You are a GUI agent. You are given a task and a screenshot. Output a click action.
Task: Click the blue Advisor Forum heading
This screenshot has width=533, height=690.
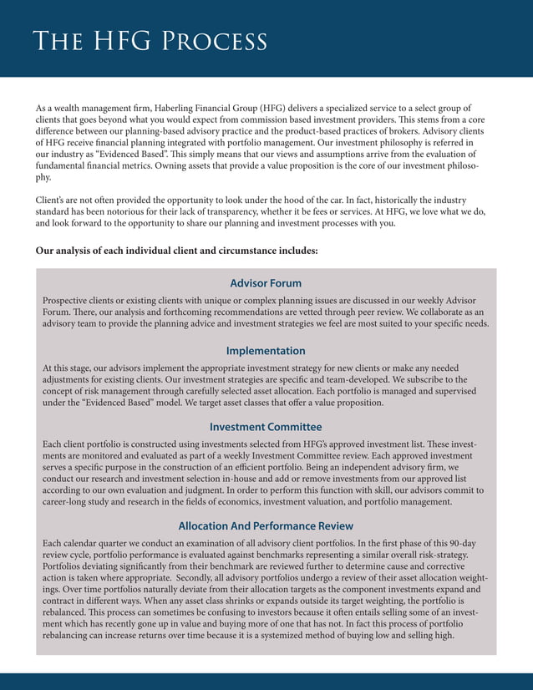coord(266,283)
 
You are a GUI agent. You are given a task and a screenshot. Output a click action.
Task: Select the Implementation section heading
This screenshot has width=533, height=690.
coord(266,351)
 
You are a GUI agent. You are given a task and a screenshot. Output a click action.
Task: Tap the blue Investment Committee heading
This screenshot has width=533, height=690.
coord(266,427)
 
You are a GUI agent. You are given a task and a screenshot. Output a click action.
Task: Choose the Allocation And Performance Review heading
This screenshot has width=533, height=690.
coord(266,526)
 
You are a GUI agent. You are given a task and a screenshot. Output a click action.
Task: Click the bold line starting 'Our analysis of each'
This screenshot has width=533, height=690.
coord(176,251)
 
